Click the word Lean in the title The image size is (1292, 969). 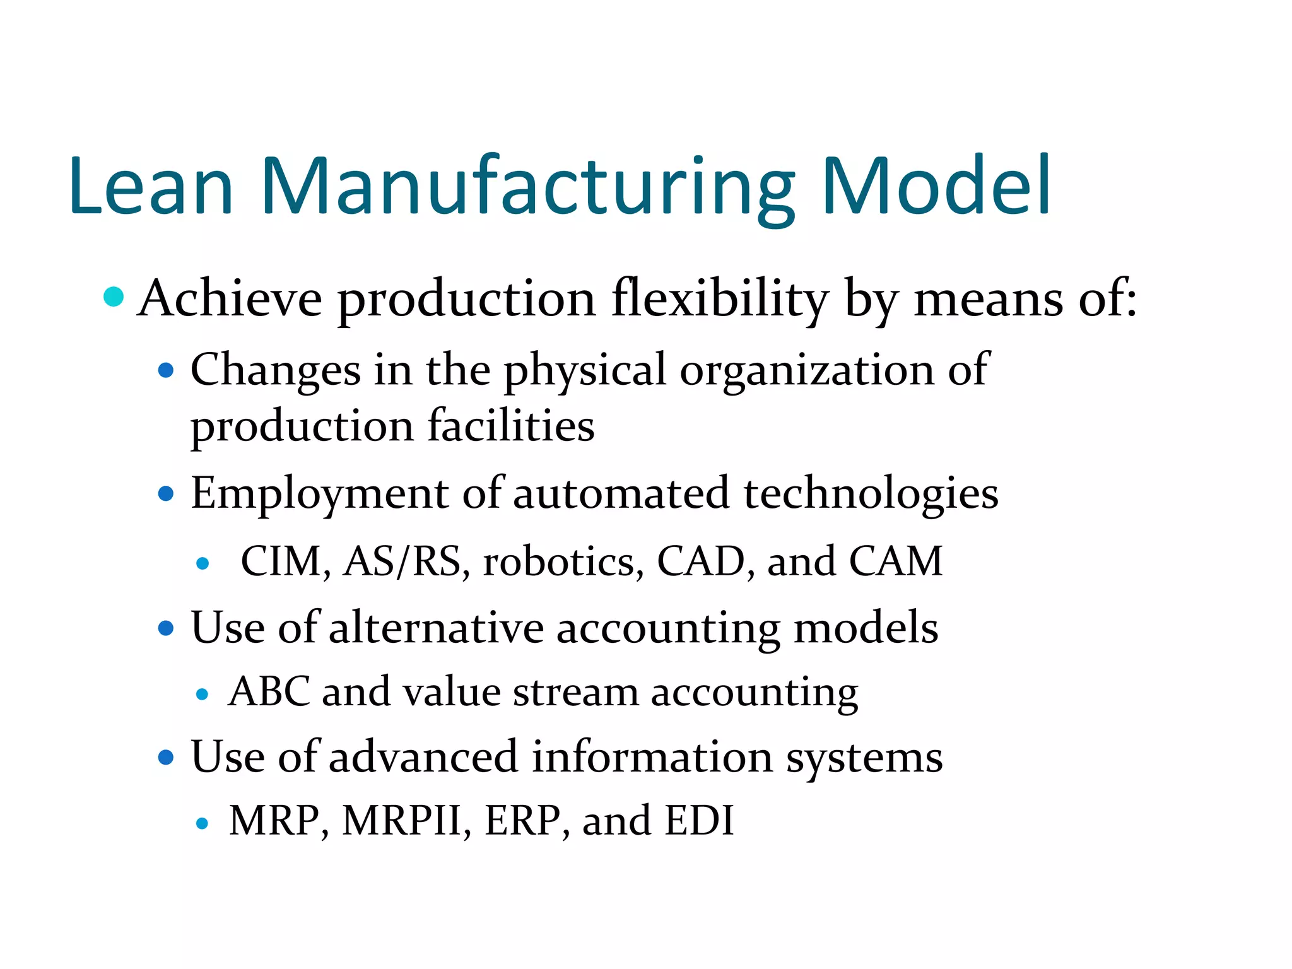(151, 186)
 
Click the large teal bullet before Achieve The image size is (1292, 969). (114, 297)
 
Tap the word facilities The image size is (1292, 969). (511, 426)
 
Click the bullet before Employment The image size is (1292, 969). (166, 493)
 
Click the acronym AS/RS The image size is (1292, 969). (402, 561)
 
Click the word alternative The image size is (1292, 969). (436, 628)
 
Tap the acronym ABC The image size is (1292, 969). (269, 691)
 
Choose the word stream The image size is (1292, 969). (575, 693)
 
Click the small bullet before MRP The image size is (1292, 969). (202, 823)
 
